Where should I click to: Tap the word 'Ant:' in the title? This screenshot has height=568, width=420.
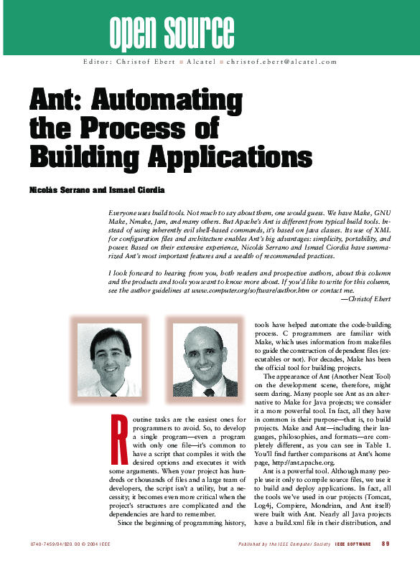coord(57,103)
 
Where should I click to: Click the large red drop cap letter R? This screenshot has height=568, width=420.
coord(119,436)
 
